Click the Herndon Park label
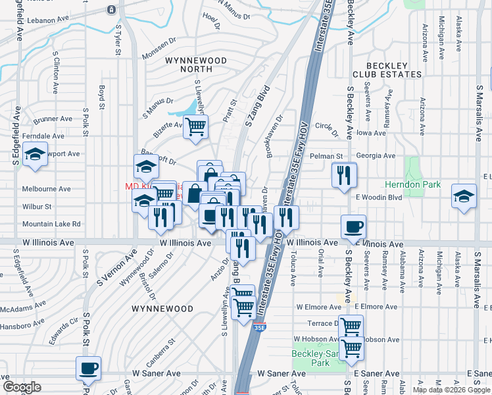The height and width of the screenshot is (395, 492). pos(412,185)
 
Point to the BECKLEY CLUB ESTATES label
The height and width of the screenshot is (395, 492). pos(386,69)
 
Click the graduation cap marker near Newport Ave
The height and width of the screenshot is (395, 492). pos(35,155)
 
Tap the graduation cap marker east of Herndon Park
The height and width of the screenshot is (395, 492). pos(464,196)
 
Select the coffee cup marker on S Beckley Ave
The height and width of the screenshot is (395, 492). pos(353,227)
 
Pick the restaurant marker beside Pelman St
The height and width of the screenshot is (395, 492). pos(344,175)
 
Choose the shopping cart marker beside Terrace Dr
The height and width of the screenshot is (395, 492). pos(351,326)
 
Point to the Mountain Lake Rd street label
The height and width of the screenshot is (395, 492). pos(51,224)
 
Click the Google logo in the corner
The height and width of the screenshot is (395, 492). pos(22,387)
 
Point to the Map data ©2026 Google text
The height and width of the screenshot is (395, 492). pos(451,390)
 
